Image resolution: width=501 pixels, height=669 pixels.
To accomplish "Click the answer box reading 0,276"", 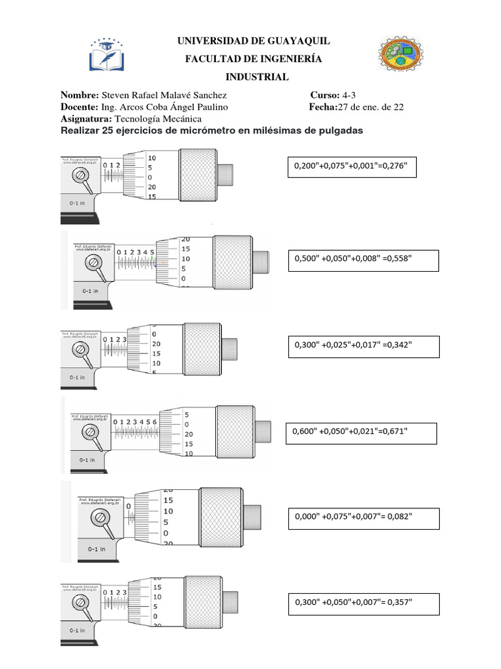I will point(351,167).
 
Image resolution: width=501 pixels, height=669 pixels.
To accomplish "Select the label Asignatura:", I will point(87,119).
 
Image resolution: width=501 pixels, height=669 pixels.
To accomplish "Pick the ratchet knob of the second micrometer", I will point(260,263).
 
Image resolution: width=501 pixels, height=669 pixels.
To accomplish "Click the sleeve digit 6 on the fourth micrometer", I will point(155,423).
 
